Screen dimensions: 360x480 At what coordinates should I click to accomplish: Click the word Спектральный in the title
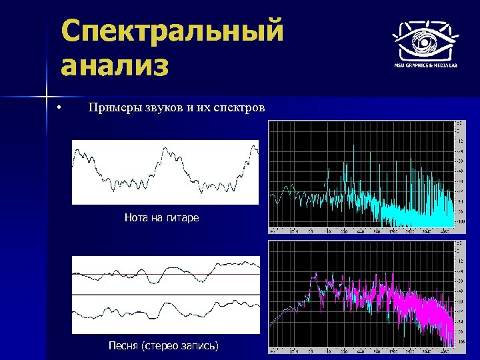pyautogui.click(x=171, y=32)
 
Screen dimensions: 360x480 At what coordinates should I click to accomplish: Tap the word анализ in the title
pyautogui.click(x=114, y=67)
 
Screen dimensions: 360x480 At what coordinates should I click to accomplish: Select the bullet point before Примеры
pyautogui.click(x=59, y=108)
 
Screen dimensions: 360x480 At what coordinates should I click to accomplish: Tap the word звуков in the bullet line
pyautogui.click(x=167, y=108)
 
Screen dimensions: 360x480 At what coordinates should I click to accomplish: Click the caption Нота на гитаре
pyautogui.click(x=162, y=217)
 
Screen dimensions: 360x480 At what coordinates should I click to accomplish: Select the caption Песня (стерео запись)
pyautogui.click(x=163, y=345)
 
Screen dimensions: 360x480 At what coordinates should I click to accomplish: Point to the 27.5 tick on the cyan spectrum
pyautogui.click(x=294, y=230)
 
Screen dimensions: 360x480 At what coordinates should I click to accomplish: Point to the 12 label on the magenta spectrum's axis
pyautogui.click(x=459, y=262)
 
